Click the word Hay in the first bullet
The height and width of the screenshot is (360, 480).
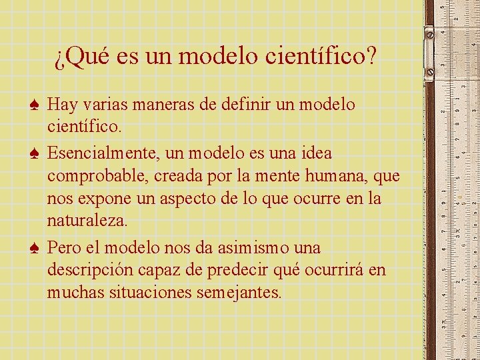point(63,105)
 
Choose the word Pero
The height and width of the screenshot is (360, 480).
point(65,248)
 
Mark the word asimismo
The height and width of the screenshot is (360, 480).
point(253,248)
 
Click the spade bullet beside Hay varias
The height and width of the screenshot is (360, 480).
point(36,105)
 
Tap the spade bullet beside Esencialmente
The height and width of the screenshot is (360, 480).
point(36,154)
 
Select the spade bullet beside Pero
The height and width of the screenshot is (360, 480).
point(36,249)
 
